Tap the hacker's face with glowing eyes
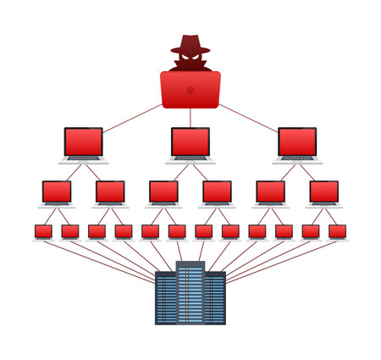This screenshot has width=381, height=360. (x=190, y=59)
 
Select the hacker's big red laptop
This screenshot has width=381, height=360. (x=190, y=90)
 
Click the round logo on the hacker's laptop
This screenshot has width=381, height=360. (x=190, y=90)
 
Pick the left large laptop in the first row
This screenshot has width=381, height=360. (x=83, y=142)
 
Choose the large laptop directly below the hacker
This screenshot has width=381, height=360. (x=190, y=142)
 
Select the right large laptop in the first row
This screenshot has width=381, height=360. (x=296, y=142)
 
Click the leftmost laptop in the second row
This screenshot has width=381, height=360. (x=57, y=191)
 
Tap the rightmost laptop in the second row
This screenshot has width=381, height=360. (x=323, y=191)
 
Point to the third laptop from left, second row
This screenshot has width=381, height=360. (x=163, y=191)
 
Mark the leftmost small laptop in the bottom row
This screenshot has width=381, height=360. (x=43, y=231)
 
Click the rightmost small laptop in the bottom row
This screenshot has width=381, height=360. (x=337, y=231)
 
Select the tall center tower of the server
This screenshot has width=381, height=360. (x=190, y=292)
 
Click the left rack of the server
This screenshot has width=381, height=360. (x=165, y=298)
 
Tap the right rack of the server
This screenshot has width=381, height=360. (x=215, y=298)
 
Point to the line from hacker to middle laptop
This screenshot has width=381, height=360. (x=190, y=117)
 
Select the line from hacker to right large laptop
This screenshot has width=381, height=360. (x=247, y=116)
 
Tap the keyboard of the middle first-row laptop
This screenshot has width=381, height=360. (x=190, y=158)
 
